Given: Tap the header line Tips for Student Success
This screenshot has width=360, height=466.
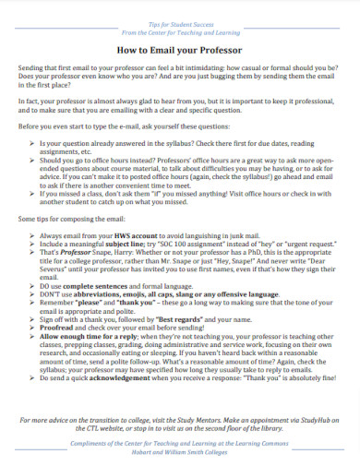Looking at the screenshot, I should (x=179, y=19).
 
